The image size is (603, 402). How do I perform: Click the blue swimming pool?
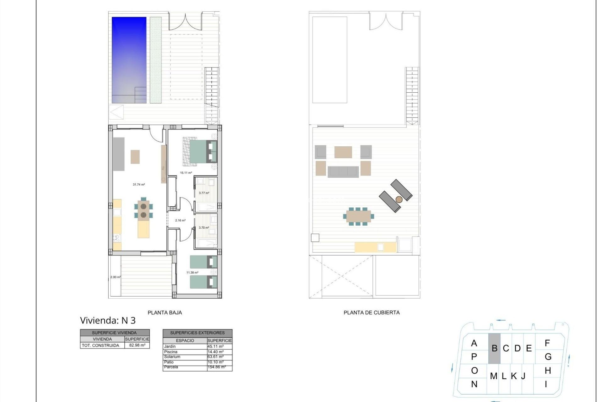(x=129, y=60)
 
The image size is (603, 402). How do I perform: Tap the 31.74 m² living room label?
(x=139, y=185)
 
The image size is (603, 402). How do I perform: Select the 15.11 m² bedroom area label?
(x=186, y=173)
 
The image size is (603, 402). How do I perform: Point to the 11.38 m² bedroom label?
(x=192, y=273)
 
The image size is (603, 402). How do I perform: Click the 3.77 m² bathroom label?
(x=204, y=193)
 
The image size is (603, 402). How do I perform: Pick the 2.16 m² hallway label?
(x=180, y=220)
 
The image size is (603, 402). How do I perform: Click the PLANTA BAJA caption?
(x=165, y=312)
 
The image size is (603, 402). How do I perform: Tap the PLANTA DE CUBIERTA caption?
(x=372, y=312)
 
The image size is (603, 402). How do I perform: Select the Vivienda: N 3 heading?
(x=108, y=320)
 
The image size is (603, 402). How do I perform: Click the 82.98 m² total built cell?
(x=137, y=345)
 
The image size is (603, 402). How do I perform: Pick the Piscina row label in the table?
(x=171, y=352)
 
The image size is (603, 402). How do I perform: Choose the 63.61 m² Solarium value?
(x=215, y=357)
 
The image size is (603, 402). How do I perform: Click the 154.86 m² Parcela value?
(x=216, y=367)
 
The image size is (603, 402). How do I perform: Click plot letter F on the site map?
(x=547, y=343)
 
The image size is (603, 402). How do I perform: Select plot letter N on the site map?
(x=474, y=384)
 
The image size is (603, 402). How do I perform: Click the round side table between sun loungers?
(x=399, y=199)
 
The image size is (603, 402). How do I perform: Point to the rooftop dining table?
(x=358, y=216)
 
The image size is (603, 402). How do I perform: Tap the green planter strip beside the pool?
(x=155, y=60)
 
